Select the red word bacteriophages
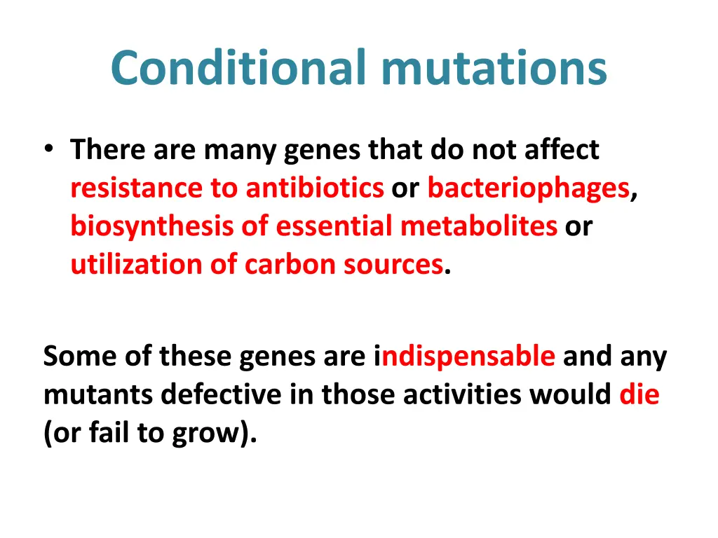click(x=528, y=188)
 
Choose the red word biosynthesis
click(x=151, y=226)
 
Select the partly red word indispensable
click(x=465, y=357)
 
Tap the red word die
click(x=639, y=395)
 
